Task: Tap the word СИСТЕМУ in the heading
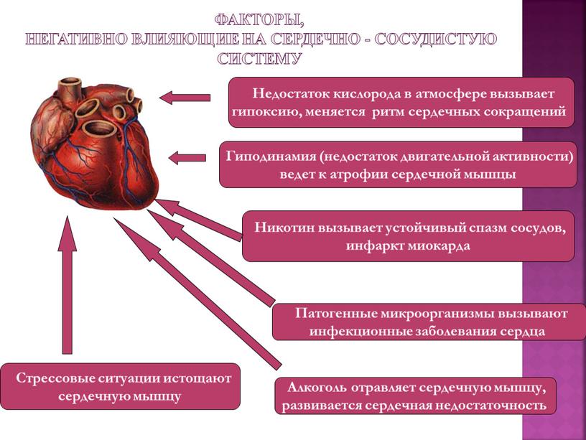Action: coord(260,59)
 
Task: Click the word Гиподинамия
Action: coord(271,156)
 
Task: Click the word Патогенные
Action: coord(336,313)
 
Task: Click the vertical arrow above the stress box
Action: coord(68,285)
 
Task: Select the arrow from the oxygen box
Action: coord(185,98)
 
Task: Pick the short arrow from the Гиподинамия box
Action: coord(187,158)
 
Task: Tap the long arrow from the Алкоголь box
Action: coord(197,294)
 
